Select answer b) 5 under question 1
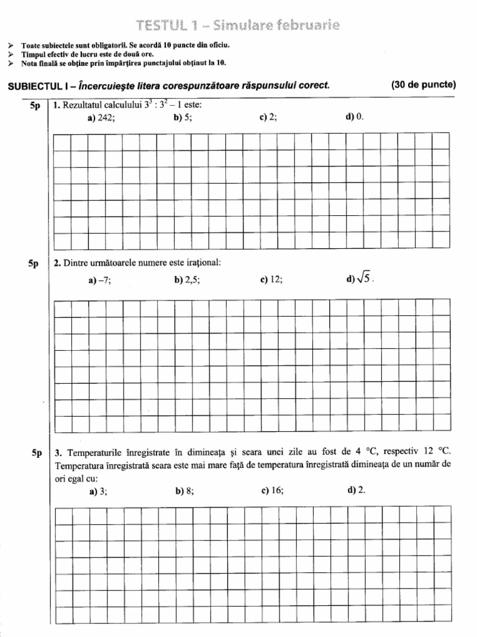pos(183,118)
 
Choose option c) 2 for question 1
pos(268,118)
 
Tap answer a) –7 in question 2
pos(99,280)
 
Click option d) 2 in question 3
pos(357,490)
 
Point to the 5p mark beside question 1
pos(34,106)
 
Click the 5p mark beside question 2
pos(34,264)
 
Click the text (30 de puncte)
pos(424,85)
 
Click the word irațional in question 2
pos(203,263)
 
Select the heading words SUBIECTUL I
pos(37,86)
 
